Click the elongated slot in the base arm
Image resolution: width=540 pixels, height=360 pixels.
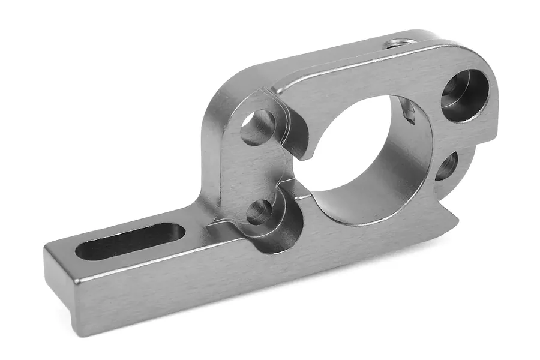tap(129, 241)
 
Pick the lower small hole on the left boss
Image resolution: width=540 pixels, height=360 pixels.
tap(259, 212)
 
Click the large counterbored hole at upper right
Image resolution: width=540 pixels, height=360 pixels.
tap(464, 95)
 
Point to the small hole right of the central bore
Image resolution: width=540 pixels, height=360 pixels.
tap(446, 166)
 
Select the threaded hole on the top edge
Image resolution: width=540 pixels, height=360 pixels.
tap(400, 44)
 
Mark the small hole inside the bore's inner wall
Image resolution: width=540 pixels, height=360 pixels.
tap(408, 112)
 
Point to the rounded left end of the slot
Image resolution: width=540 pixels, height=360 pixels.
tap(84, 251)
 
